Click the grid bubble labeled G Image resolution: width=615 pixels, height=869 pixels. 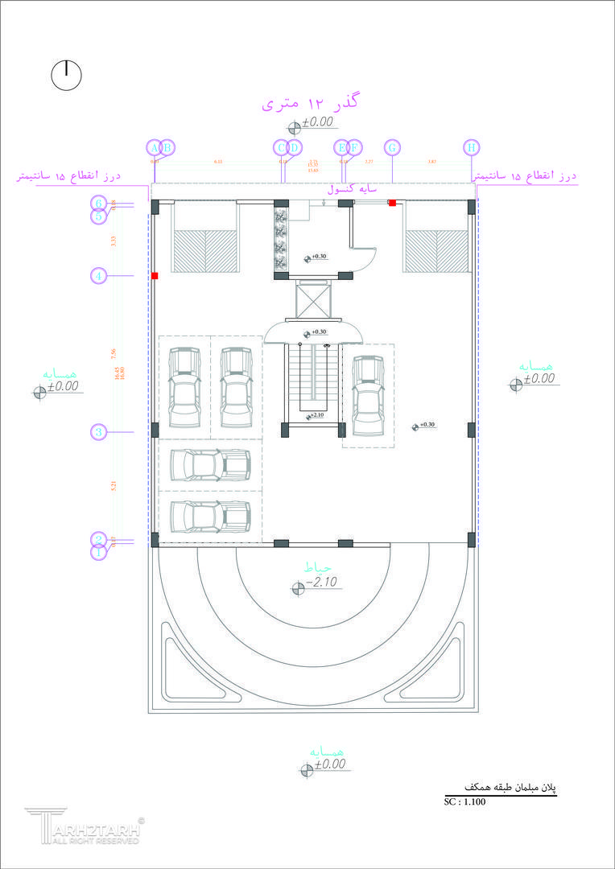pyautogui.click(x=392, y=148)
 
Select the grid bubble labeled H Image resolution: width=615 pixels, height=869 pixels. pyautogui.click(x=471, y=148)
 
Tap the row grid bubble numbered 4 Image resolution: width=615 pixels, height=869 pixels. pyautogui.click(x=99, y=276)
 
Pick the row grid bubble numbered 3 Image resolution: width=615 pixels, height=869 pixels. pyautogui.click(x=99, y=432)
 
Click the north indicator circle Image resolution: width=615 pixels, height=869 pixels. pyautogui.click(x=67, y=75)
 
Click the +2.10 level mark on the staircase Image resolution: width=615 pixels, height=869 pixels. pyautogui.click(x=317, y=416)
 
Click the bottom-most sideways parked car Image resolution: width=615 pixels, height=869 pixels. pyautogui.click(x=209, y=514)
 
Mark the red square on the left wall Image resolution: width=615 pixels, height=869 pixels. pyautogui.click(x=155, y=276)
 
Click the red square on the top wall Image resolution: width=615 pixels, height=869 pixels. pyautogui.click(x=392, y=203)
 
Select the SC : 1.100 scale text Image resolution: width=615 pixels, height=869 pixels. pyautogui.click(x=464, y=802)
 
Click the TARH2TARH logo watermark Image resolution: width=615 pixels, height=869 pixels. pyautogui.click(x=84, y=827)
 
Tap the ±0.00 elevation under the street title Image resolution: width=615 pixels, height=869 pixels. pyautogui.click(x=317, y=122)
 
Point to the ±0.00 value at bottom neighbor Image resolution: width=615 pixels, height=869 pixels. pyautogui.click(x=328, y=764)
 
